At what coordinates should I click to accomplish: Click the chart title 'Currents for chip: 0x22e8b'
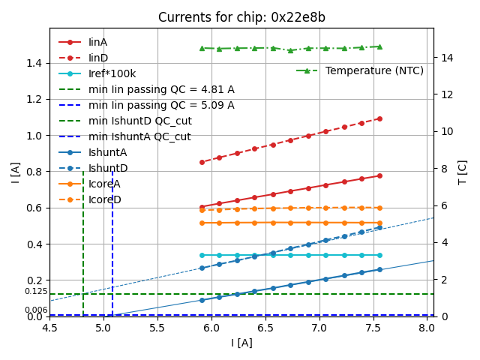pos(241,17)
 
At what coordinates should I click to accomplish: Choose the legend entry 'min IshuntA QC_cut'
pos(139,136)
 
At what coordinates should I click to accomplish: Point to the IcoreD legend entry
pos(104,199)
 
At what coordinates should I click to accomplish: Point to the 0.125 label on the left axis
pos(35,292)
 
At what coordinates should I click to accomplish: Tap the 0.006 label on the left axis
pos(35,310)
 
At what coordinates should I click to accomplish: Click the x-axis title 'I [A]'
pos(241,343)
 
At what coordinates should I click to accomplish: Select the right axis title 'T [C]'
pos(463,172)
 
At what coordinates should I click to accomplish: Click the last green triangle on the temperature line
pos(379,46)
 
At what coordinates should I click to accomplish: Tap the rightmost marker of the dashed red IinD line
pos(379,118)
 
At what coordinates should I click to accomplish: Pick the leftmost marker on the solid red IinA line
pos(202,207)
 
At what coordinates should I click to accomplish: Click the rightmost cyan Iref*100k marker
pos(379,255)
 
